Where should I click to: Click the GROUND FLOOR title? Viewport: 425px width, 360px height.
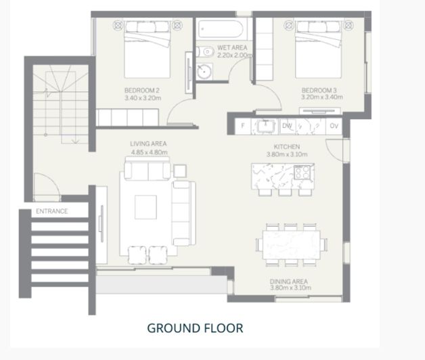tap(195, 328)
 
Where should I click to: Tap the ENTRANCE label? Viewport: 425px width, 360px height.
tap(51, 211)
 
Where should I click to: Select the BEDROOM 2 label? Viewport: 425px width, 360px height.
tap(141, 90)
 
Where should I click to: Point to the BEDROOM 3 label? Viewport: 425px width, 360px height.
tap(319, 90)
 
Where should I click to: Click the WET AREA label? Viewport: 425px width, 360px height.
tap(232, 48)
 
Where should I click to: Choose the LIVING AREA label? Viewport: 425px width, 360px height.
tap(148, 143)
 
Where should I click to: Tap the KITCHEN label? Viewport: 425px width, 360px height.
tap(287, 147)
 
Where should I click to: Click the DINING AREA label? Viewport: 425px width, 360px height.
tap(289, 282)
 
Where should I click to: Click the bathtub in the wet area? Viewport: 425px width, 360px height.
tap(221, 29)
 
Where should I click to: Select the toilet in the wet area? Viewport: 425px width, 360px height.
tap(205, 51)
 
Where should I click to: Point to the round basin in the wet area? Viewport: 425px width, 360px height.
tap(204, 72)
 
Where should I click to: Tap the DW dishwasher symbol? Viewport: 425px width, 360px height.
tap(287, 126)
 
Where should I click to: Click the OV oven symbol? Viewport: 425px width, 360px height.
tap(334, 126)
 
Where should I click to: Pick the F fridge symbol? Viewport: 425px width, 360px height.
tap(243, 126)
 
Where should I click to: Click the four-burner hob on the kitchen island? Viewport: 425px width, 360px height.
tap(303, 172)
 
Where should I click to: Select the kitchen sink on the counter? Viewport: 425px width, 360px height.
tap(266, 126)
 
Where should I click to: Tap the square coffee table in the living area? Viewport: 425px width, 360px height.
tap(146, 207)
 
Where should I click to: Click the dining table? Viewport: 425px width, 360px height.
tap(292, 245)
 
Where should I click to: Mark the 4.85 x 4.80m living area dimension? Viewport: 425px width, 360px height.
tap(150, 152)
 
